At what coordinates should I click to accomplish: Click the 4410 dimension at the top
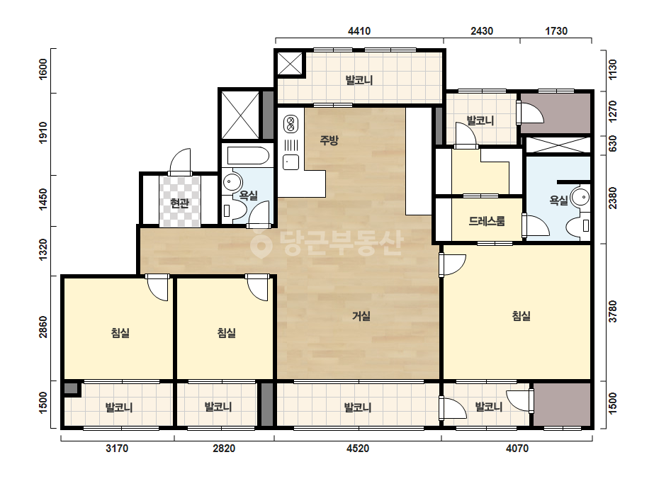[359, 31]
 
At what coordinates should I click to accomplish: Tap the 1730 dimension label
[556, 31]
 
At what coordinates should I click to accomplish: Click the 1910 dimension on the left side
[43, 133]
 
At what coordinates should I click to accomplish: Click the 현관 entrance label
[179, 203]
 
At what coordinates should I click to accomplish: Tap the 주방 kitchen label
[329, 140]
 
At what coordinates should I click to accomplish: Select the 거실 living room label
[361, 316]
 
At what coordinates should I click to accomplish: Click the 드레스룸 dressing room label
[487, 221]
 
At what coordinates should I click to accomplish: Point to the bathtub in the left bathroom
[248, 155]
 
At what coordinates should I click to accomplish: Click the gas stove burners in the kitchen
[291, 123]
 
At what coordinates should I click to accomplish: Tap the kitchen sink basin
[291, 162]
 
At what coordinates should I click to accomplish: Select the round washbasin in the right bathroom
[580, 196]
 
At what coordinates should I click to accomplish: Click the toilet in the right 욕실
[577, 226]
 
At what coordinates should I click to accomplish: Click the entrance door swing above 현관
[180, 161]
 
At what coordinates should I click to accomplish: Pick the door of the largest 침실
[452, 264]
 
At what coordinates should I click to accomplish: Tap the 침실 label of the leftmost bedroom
[120, 332]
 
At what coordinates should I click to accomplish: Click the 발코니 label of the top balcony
[359, 79]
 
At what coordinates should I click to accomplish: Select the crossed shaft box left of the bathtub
[240, 115]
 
